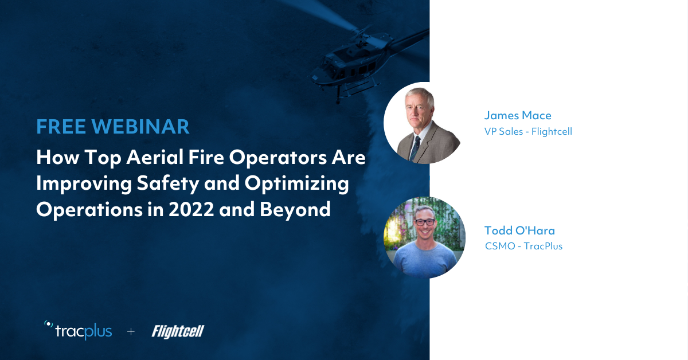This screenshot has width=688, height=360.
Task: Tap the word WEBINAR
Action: click(x=140, y=127)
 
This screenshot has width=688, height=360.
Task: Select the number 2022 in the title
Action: click(x=191, y=209)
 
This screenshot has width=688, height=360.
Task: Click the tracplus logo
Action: click(x=78, y=331)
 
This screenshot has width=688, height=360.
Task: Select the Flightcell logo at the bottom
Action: click(x=178, y=331)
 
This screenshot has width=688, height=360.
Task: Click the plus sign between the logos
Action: click(x=131, y=331)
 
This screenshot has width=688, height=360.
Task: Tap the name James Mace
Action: click(x=518, y=115)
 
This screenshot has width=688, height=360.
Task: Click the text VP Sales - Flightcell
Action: click(x=528, y=131)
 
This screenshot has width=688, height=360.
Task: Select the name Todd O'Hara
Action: click(x=519, y=230)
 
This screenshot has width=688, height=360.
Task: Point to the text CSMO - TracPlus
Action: click(x=523, y=246)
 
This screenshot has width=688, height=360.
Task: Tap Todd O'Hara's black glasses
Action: click(x=425, y=222)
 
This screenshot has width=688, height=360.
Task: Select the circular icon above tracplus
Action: click(x=49, y=324)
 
